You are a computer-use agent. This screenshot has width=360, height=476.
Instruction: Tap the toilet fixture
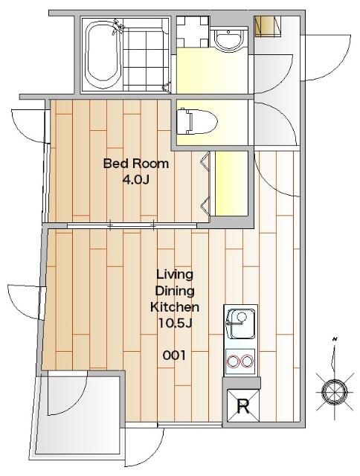pyautogui.click(x=197, y=121)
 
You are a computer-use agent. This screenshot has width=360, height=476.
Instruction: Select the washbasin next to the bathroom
pyautogui.click(x=228, y=39)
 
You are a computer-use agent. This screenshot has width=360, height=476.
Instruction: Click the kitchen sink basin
pyautogui.click(x=241, y=324)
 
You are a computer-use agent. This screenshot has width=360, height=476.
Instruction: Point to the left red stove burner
pyautogui.click(x=234, y=361)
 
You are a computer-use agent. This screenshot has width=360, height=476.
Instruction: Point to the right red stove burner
pyautogui.click(x=247, y=361)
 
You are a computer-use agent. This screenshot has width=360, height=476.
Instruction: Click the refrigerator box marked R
pyautogui.click(x=243, y=405)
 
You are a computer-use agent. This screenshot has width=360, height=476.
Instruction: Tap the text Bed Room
pyautogui.click(x=135, y=164)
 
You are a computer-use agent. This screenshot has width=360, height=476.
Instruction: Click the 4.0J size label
pyautogui.click(x=135, y=180)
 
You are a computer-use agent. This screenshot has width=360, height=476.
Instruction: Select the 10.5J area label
pyautogui.click(x=175, y=324)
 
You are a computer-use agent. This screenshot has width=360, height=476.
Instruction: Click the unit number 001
pyautogui.click(x=174, y=356)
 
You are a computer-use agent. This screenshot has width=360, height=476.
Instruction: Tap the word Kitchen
pyautogui.click(x=175, y=307)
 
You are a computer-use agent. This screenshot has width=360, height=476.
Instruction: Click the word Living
pyautogui.click(x=175, y=275)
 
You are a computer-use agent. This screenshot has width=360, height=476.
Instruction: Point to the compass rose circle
pyautogui.click(x=335, y=392)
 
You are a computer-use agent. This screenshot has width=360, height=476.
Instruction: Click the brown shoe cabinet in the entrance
pyautogui.click(x=268, y=26)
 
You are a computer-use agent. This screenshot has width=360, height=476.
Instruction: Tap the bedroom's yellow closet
pyautogui.click(x=231, y=184)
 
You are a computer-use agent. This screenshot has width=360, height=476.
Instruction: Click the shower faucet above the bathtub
pyautogui.click(x=118, y=26)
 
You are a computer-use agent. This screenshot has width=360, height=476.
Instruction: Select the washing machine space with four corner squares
pyautogui.click(x=193, y=31)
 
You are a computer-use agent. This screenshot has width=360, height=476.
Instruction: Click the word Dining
pyautogui.click(x=175, y=292)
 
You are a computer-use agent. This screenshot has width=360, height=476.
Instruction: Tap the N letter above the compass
pyautogui.click(x=335, y=339)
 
